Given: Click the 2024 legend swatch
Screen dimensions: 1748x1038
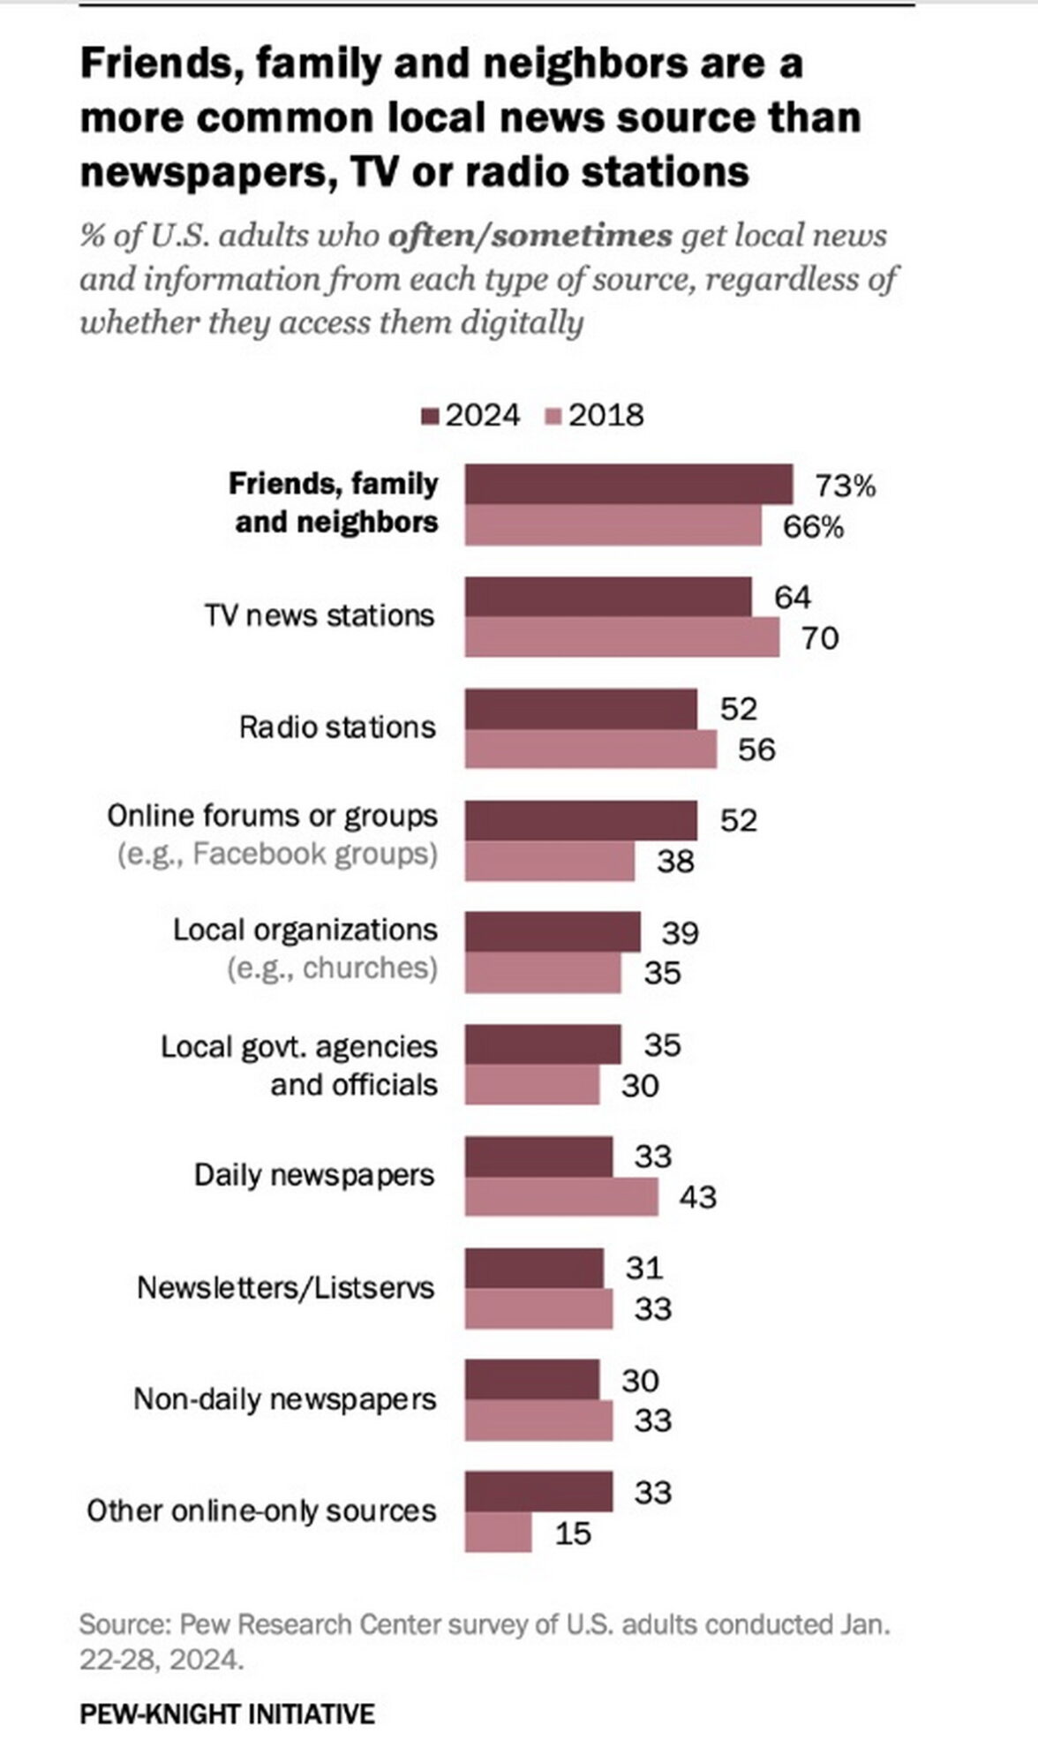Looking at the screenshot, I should click(432, 416).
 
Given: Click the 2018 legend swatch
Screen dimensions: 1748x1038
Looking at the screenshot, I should click(554, 416).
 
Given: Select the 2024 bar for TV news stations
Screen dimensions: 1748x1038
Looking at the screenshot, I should click(608, 597).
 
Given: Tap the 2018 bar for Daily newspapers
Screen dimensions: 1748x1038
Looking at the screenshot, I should click(561, 1197).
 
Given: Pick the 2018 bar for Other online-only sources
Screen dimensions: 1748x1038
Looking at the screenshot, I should click(498, 1533).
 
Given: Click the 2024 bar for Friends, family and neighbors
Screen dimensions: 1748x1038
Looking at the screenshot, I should click(628, 485).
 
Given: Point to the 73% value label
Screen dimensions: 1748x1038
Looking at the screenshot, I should click(845, 486).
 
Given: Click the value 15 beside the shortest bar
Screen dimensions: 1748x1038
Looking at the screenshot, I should click(573, 1533).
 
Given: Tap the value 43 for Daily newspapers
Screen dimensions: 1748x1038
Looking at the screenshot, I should click(697, 1198).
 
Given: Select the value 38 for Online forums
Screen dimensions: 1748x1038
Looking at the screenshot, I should click(675, 862).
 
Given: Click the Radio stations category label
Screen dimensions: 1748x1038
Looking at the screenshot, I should click(337, 727).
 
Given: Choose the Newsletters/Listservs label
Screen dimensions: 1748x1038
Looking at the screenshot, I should click(286, 1287).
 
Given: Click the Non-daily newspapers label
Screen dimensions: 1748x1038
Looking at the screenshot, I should click(285, 1399).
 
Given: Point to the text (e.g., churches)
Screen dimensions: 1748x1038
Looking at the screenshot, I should click(332, 968).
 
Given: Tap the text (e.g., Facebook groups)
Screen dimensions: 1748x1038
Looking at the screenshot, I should click(277, 855).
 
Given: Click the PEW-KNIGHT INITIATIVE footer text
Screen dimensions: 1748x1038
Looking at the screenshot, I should click(227, 1714).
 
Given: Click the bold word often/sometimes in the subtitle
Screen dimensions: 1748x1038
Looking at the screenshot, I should click(530, 237).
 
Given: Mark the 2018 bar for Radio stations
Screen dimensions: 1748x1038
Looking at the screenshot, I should click(590, 750).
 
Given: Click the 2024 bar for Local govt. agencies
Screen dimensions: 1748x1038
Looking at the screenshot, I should click(543, 1044).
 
